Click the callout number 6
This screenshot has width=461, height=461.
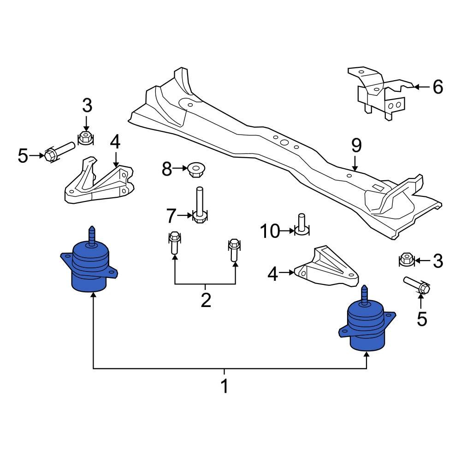[437, 86]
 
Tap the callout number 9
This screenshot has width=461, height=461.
[355, 146]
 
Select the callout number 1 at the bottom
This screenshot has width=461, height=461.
[225, 386]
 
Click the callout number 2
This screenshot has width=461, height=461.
[206, 300]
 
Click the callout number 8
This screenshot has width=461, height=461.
[167, 170]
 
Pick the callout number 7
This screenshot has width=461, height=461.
[171, 215]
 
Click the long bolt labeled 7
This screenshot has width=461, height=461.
[200, 205]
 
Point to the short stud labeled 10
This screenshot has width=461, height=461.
[302, 225]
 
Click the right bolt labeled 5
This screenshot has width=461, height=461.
[417, 284]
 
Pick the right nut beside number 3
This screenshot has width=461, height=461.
[405, 260]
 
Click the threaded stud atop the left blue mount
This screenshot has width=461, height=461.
[91, 236]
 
